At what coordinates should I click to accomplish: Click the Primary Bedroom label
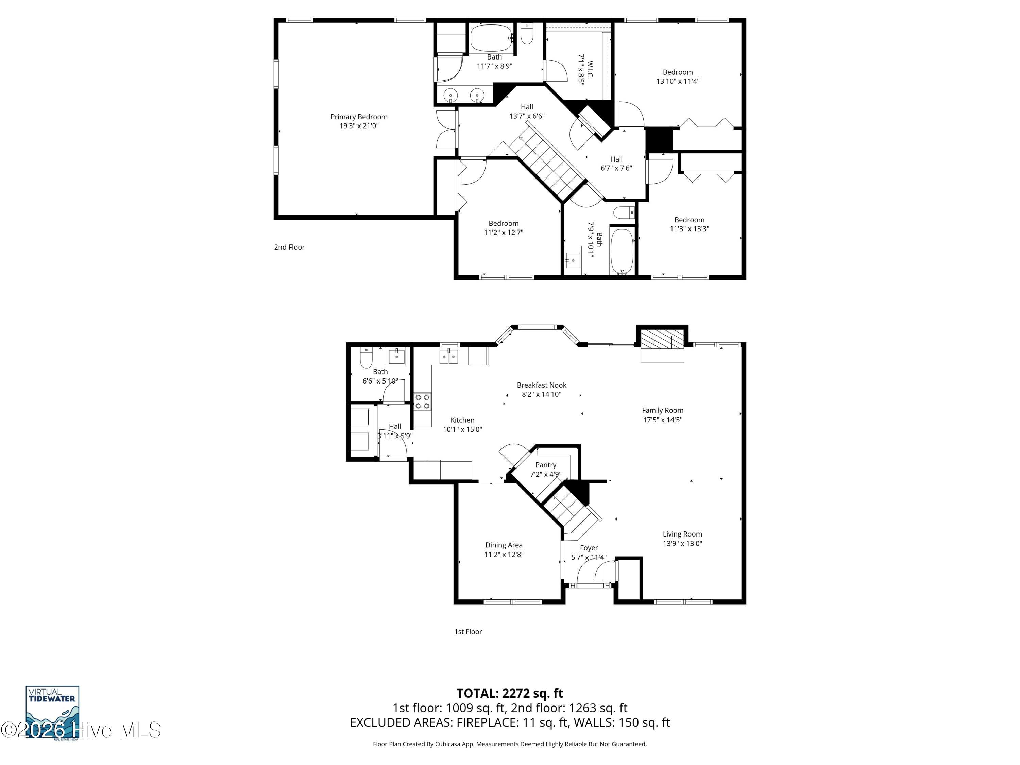click(x=359, y=117)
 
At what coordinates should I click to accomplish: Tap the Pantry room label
click(x=545, y=465)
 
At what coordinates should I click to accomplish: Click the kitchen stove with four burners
click(x=422, y=401)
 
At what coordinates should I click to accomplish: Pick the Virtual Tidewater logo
click(x=52, y=712)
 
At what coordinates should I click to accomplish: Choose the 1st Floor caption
click(x=468, y=632)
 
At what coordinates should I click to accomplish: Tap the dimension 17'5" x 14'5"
click(x=663, y=420)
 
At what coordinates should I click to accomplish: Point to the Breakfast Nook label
click(x=541, y=385)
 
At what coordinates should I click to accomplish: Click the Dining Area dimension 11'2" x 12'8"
click(x=504, y=554)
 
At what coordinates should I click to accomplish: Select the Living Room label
click(x=682, y=534)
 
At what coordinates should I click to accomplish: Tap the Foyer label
click(x=589, y=548)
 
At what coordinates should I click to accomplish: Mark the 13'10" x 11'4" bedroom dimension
click(x=678, y=81)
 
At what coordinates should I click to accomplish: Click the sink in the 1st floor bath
click(x=396, y=356)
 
